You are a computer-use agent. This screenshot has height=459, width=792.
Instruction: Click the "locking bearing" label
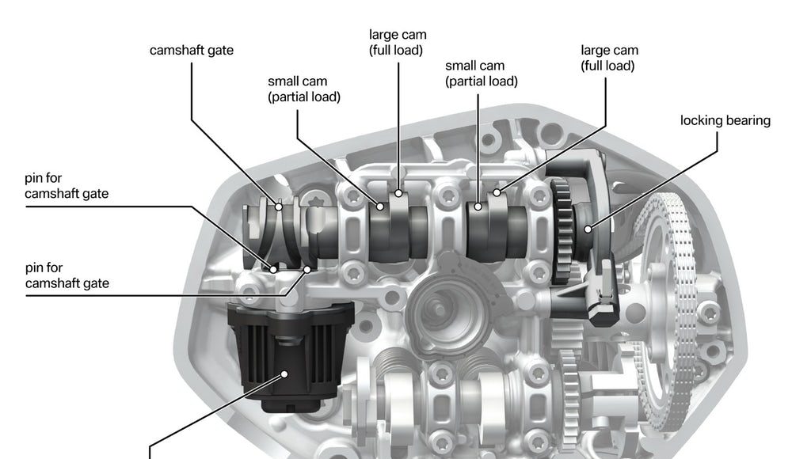pos(725,120)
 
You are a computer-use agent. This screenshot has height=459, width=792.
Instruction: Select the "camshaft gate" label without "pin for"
pos(192,51)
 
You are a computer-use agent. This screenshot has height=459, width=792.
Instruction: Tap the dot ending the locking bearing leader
pos(588,229)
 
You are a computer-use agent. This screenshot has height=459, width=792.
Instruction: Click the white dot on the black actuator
pos(284,374)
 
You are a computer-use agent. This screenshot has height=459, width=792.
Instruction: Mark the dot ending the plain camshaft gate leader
pos(278,207)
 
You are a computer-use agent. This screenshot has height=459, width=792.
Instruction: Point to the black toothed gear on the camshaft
pos(562,230)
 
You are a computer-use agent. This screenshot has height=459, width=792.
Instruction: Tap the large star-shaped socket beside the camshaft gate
pos(317,202)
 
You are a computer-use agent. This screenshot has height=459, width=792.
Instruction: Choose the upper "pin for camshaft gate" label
pos(67,186)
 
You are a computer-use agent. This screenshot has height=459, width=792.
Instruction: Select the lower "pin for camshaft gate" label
pos(67,275)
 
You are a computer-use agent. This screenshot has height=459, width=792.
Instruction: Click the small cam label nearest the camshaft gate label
pos(304,89)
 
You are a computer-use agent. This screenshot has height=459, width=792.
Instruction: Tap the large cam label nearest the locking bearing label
pos(609,58)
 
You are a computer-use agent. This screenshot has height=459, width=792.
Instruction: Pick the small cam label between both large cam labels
pos(482,74)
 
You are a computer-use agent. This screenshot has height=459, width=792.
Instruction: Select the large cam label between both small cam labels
pos(398,43)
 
